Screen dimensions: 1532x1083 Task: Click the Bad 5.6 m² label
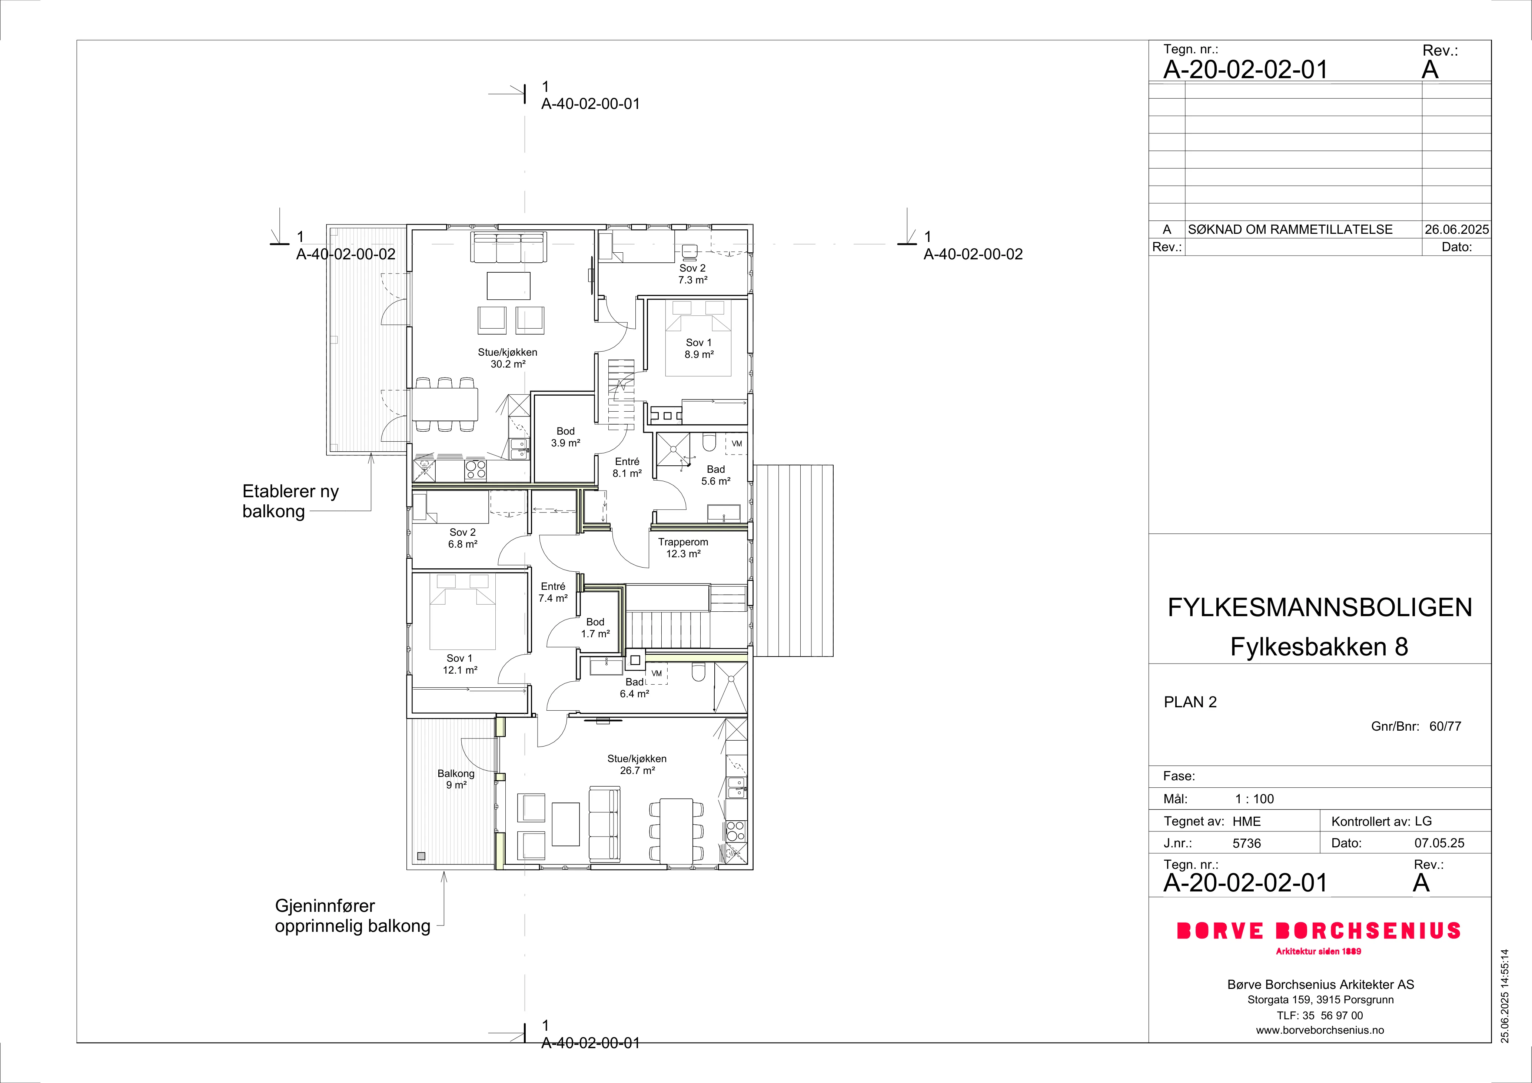(715, 475)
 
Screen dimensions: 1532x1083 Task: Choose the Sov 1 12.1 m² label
(460, 664)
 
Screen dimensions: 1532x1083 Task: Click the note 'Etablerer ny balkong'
(291, 501)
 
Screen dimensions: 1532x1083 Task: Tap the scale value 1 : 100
(1254, 799)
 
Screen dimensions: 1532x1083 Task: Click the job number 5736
(1247, 843)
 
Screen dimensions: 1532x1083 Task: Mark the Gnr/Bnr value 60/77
(1445, 726)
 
